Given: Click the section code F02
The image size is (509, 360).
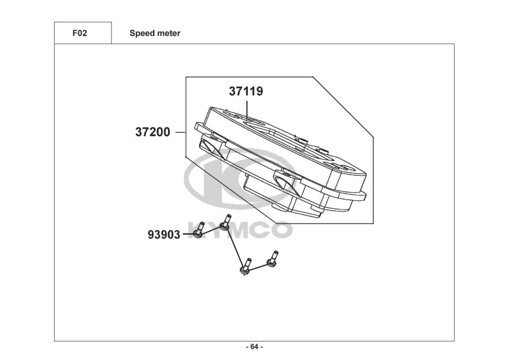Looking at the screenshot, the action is click(x=80, y=34).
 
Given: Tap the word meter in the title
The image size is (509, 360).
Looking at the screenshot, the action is click(x=168, y=34).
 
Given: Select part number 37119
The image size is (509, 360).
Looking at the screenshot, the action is click(x=246, y=92).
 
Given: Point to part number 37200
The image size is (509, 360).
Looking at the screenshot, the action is click(x=153, y=132).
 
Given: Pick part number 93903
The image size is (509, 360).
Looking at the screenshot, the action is click(x=164, y=235).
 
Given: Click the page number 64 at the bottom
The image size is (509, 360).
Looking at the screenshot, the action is click(x=254, y=347).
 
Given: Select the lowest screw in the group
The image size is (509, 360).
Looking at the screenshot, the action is click(x=245, y=267).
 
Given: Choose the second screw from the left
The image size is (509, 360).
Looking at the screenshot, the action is click(x=225, y=223).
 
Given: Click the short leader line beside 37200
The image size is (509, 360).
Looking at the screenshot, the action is click(x=180, y=132).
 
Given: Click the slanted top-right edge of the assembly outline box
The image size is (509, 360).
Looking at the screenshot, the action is click(x=343, y=106).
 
